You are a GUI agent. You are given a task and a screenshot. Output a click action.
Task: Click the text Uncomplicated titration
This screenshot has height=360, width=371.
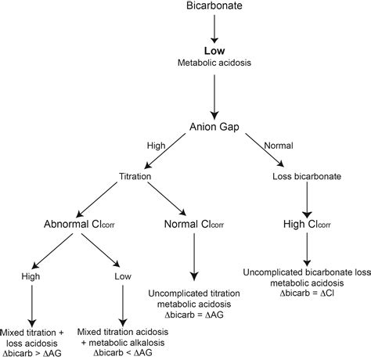coord(193,293)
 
